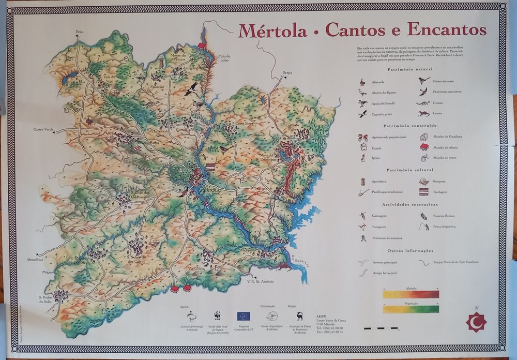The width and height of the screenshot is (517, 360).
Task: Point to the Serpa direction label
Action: pos(287,73)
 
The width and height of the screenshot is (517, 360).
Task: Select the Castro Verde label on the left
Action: pos(43,129)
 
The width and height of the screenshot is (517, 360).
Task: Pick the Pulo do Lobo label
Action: pos(224,58)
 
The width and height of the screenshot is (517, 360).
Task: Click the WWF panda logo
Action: pos(217,314)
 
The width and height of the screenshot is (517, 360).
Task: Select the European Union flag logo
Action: pos(244,316)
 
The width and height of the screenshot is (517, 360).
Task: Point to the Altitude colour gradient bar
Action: pos(411,294)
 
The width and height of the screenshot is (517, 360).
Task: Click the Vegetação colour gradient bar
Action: pos(411,309)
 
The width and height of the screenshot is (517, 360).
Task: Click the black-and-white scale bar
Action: pos(381,328)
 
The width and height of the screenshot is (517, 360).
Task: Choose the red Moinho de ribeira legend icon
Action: pos(424,147)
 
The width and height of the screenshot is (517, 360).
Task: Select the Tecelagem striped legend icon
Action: pos(424,192)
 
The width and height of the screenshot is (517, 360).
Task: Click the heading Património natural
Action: pos(410,69)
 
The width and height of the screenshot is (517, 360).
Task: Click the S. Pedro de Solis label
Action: pos(47,299)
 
